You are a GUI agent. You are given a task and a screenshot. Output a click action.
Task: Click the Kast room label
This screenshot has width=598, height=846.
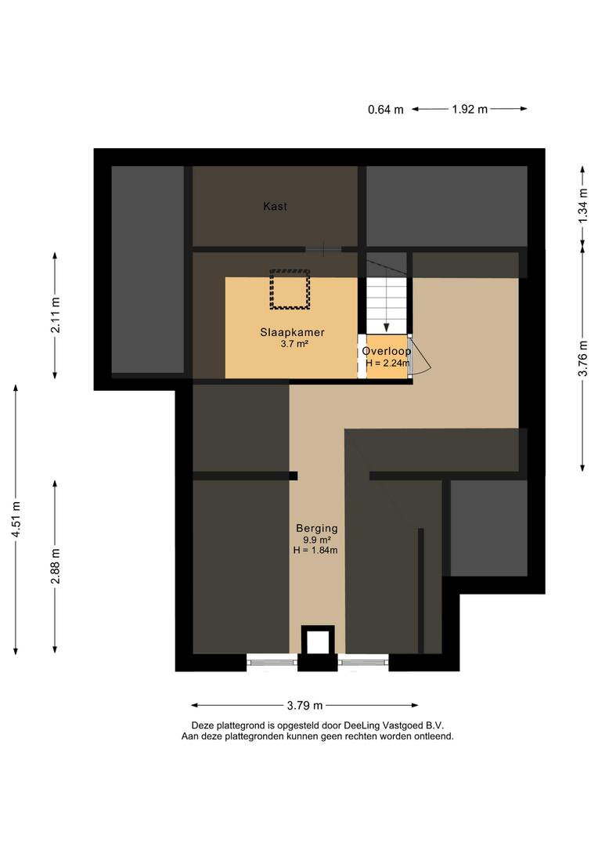pyautogui.click(x=275, y=206)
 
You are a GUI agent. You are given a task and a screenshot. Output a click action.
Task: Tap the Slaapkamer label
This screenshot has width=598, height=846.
pyautogui.click(x=292, y=332)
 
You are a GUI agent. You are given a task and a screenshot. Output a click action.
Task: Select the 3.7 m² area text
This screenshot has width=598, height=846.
pyautogui.click(x=294, y=344)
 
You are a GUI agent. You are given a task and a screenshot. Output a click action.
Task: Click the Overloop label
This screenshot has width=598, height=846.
pyautogui.click(x=387, y=351)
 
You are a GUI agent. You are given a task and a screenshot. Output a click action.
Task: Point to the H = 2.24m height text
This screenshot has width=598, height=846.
pyautogui.click(x=387, y=363)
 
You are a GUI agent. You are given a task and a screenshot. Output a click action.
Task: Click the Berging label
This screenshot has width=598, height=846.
pyautogui.click(x=316, y=528)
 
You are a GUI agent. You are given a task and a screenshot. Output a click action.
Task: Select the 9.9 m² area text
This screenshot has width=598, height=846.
pyautogui.click(x=316, y=540)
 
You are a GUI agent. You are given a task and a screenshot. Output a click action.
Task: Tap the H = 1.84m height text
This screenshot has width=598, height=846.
pyautogui.click(x=315, y=551)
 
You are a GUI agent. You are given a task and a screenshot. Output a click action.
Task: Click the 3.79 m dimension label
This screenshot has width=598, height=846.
pyautogui.click(x=304, y=705)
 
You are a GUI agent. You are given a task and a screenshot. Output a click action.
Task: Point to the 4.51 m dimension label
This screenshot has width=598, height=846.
pyautogui.click(x=16, y=519)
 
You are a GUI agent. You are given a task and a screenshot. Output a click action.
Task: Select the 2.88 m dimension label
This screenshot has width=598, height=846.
pyautogui.click(x=55, y=566)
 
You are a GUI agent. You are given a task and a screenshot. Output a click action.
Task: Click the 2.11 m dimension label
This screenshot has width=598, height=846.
pyautogui.click(x=55, y=316)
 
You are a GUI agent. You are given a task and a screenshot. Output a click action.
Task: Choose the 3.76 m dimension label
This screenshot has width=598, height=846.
pyautogui.click(x=582, y=358)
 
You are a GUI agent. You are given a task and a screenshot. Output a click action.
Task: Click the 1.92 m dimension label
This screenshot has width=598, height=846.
pyautogui.click(x=470, y=109)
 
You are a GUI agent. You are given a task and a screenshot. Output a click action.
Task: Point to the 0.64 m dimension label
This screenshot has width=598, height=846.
pyautogui.click(x=386, y=110)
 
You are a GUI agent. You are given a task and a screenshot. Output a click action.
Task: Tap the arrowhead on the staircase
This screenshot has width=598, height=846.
pyautogui.click(x=387, y=327)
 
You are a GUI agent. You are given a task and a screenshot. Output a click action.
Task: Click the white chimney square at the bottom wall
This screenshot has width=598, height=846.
pyautogui.click(x=318, y=642)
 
